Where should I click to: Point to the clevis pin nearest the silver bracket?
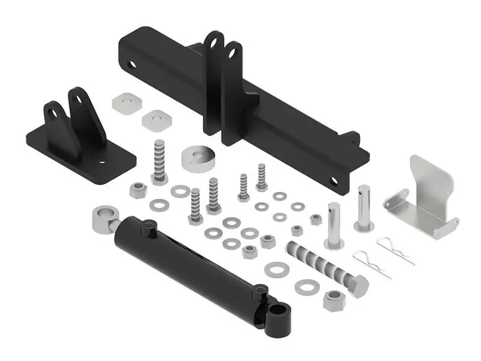coord(363,207)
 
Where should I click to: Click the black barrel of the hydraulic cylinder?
coord(191,263)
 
